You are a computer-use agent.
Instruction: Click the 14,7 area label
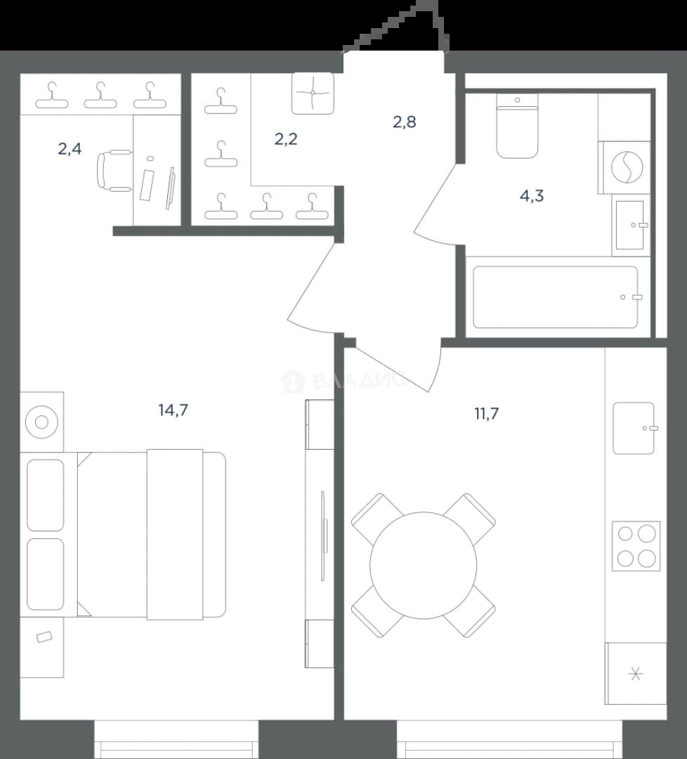pyautogui.click(x=173, y=410)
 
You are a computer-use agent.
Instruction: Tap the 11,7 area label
pyautogui.click(x=486, y=414)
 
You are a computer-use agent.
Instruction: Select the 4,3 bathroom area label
pyautogui.click(x=532, y=196)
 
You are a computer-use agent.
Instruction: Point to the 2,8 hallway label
pyautogui.click(x=405, y=122)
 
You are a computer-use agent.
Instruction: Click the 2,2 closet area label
pyautogui.click(x=286, y=139)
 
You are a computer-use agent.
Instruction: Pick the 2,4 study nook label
pyautogui.click(x=70, y=149)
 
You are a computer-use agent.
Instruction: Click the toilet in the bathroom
pyautogui.click(x=517, y=126)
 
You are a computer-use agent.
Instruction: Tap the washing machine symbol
pyautogui.click(x=627, y=167)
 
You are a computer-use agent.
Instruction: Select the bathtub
pyautogui.click(x=555, y=297)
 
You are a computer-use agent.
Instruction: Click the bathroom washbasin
pyautogui.click(x=630, y=225)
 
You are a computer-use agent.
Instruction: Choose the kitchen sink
pyautogui.click(x=634, y=428)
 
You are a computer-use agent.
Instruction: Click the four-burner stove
pyautogui.click(x=636, y=546)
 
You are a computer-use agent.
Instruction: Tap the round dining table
pyautogui.click(x=424, y=565)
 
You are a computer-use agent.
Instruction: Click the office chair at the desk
pyautogui.click(x=115, y=170)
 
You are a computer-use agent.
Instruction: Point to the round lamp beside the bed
pyautogui.click(x=41, y=422)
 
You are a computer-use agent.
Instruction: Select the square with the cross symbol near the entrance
pyautogui.click(x=313, y=93)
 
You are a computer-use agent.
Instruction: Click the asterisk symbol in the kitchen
pyautogui.click(x=636, y=674)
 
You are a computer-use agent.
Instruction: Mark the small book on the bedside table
pyautogui.click(x=44, y=637)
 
